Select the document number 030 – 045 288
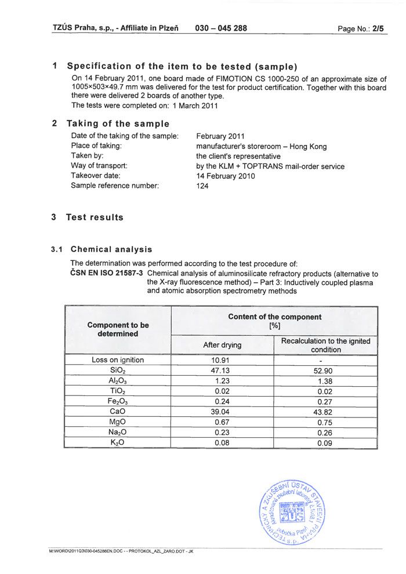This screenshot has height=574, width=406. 221,28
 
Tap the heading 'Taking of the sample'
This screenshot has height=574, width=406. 118,123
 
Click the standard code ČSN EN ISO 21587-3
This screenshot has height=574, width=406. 107,274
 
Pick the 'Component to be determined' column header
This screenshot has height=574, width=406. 118,329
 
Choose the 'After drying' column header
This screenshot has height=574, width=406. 222,345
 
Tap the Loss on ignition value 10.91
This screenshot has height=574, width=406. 222,360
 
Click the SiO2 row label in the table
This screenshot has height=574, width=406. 118,370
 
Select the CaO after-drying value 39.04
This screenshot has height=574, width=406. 222,412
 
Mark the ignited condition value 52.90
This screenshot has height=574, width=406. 325,370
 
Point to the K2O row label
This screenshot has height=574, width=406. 118,442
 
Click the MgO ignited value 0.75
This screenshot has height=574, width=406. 325,422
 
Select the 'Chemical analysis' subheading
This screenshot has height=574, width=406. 111,249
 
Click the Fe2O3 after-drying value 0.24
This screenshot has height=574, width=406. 222,401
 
